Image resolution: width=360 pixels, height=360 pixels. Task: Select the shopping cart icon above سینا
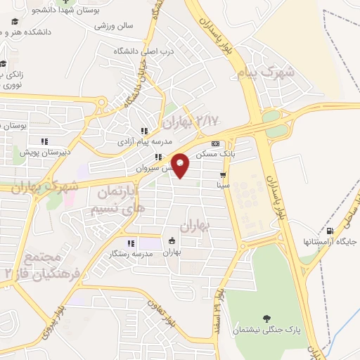(223, 175)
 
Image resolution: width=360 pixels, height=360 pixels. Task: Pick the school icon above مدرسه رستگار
(131, 243)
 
